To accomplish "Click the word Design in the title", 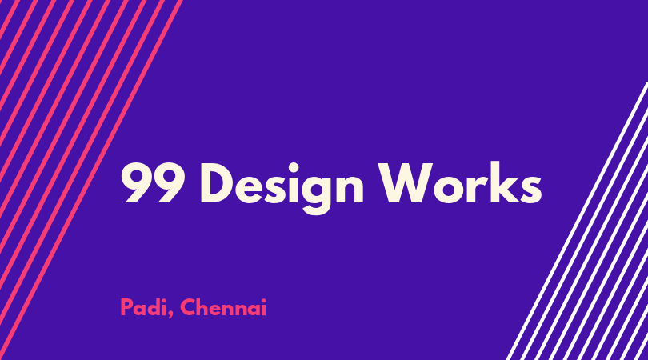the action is [x=282, y=188].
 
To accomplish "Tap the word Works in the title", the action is [x=461, y=182].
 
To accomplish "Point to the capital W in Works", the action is [x=406, y=183].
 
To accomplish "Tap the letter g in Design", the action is [x=315, y=194].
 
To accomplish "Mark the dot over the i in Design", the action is [x=293, y=167].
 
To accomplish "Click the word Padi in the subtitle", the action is [x=143, y=307].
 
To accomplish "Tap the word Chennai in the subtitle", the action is [x=223, y=307].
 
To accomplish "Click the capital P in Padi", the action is [x=126, y=307].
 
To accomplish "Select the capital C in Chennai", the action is [x=188, y=307].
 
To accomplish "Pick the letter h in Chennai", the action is [x=204, y=307].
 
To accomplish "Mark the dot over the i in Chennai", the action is [x=264, y=301].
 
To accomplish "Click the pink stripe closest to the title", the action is [x=90, y=180].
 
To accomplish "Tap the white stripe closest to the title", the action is [x=577, y=221].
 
